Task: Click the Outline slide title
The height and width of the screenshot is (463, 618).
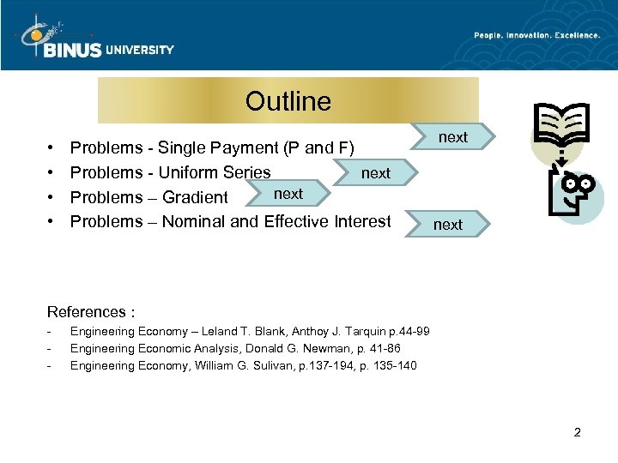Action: tap(288, 101)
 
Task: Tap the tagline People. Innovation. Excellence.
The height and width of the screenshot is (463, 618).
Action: tap(537, 34)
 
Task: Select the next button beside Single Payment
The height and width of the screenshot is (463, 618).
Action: tap(452, 137)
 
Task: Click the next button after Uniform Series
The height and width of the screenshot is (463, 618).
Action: tap(375, 173)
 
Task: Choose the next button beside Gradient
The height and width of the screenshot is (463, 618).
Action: tap(288, 195)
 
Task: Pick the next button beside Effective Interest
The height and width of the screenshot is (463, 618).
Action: tap(447, 225)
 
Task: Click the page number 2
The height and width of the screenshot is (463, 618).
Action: tap(577, 432)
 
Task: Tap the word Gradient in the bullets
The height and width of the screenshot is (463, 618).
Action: tap(195, 197)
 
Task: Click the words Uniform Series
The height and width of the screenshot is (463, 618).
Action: tap(215, 172)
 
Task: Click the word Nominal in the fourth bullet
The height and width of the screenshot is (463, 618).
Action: tap(197, 222)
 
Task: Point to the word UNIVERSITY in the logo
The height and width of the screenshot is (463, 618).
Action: tap(139, 50)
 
